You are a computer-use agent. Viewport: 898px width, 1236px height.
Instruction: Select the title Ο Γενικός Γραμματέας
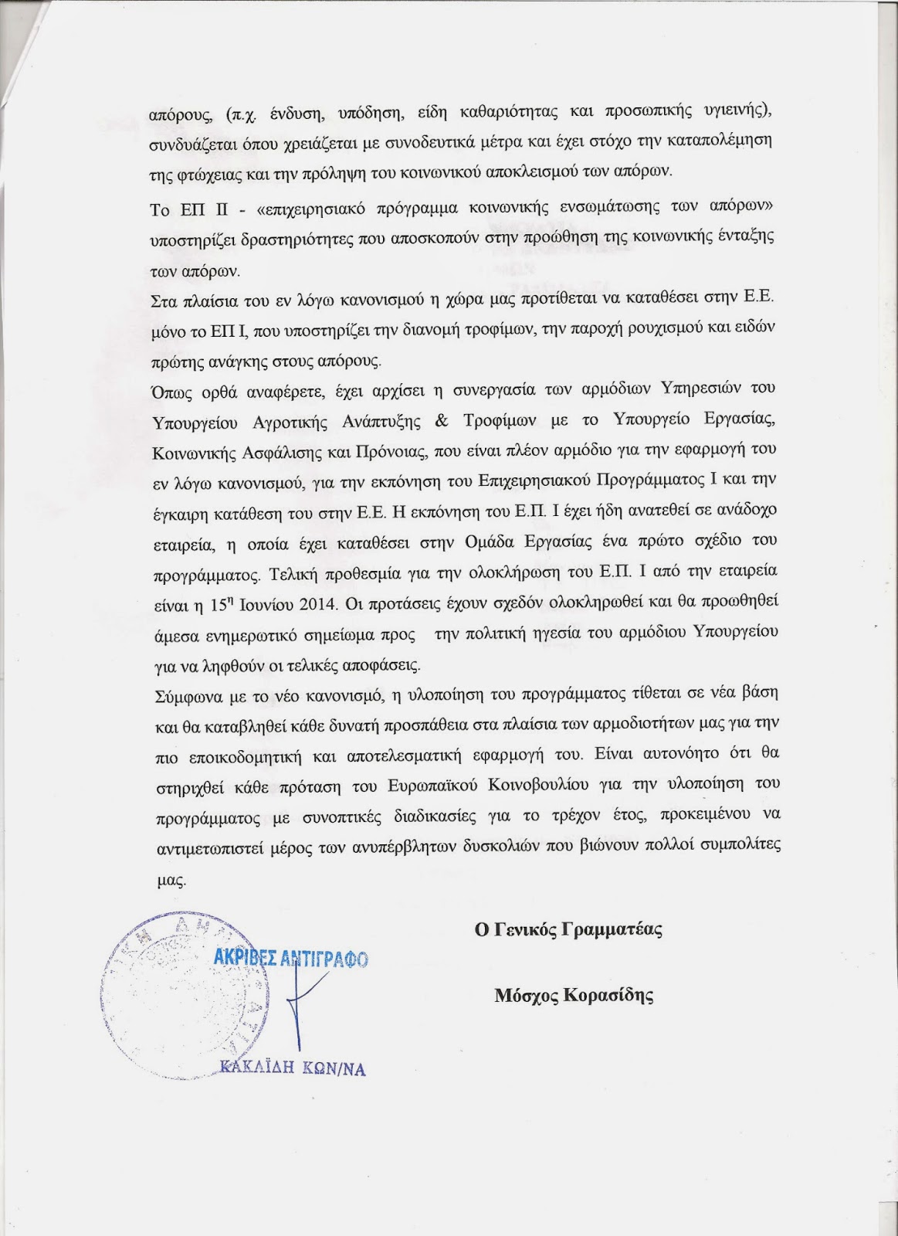coord(569,929)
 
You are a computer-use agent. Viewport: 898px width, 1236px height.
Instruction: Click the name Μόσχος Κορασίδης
coord(574,995)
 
